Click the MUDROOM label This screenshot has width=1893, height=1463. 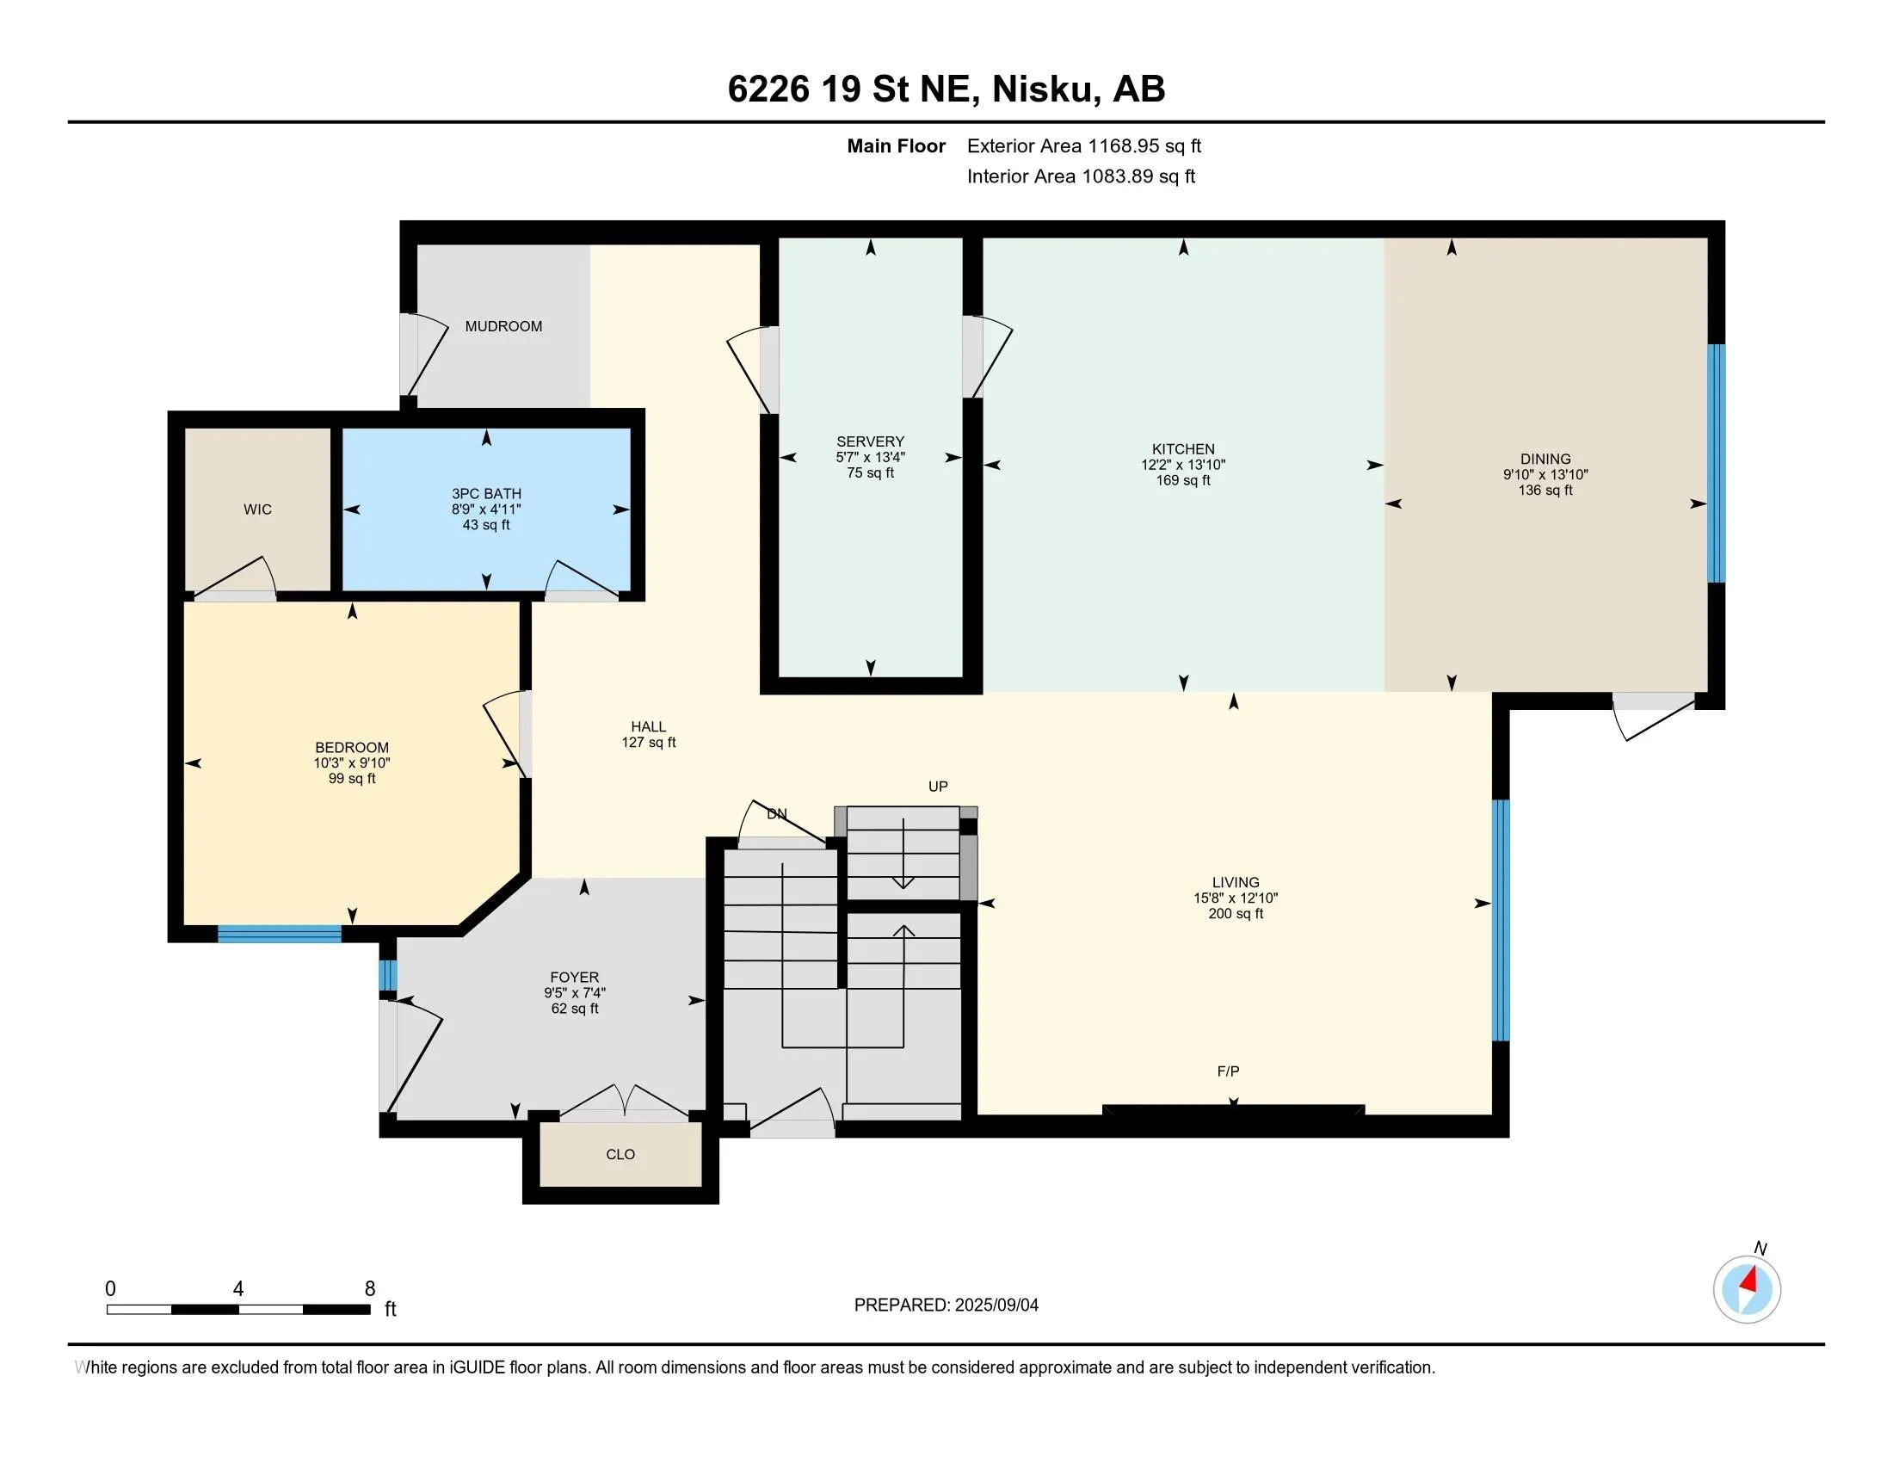click(x=503, y=327)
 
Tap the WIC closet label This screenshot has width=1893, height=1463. click(x=257, y=509)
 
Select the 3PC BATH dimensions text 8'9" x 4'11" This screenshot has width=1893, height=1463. click(x=486, y=509)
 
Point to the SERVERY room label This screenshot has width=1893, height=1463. click(x=870, y=441)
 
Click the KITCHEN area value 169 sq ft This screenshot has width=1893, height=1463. click(x=1183, y=480)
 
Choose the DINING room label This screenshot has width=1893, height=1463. click(x=1545, y=460)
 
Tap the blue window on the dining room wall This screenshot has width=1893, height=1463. click(x=1717, y=464)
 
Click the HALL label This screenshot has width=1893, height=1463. click(x=648, y=727)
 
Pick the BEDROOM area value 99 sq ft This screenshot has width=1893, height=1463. click(x=352, y=778)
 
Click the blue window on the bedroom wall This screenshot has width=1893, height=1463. click(x=279, y=934)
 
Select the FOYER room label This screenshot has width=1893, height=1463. click(x=575, y=978)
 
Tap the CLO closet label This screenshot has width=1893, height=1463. click(x=620, y=1154)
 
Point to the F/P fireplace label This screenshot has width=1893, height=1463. click(x=1228, y=1071)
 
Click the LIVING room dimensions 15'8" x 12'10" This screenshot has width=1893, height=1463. click(x=1236, y=898)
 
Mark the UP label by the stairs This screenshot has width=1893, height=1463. click(x=938, y=786)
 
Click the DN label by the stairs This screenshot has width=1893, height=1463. click(x=778, y=814)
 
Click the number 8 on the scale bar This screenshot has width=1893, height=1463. click(x=370, y=1289)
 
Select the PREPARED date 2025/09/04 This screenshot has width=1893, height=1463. click(x=996, y=1306)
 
